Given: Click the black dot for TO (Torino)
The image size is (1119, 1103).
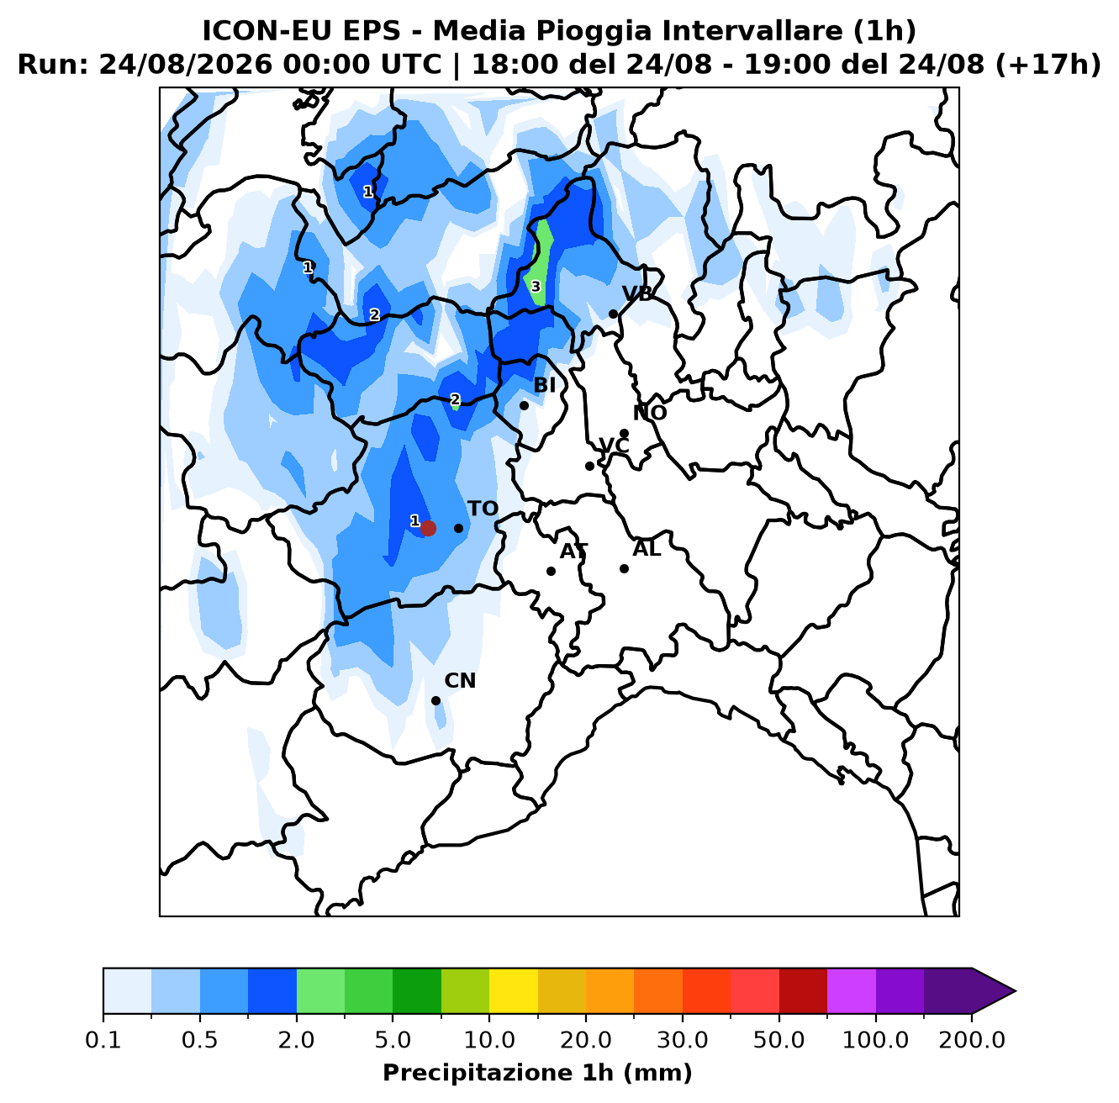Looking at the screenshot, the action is point(458,528).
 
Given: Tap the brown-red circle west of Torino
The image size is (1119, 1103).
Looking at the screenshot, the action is point(428,528).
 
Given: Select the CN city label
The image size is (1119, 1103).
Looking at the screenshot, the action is point(460,681).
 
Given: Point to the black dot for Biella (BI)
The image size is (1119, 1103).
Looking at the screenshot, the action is point(524,405).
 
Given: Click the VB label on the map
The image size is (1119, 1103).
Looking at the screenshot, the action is point(637,294).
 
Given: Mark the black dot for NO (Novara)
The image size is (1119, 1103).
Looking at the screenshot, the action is point(624,433).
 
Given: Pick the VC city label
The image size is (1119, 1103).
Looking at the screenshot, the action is point(614,446).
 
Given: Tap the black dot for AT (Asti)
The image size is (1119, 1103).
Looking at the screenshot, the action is point(551,571).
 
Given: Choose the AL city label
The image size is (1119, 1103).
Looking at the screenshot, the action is point(647,549).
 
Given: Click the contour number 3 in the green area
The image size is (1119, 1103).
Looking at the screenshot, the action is point(536,287).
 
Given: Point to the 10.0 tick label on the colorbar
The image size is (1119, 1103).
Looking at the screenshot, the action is point(489,1040).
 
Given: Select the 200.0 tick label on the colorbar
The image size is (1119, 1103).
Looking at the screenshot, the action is point(972,1040).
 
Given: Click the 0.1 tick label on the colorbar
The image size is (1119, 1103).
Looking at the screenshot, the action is point(103,1040).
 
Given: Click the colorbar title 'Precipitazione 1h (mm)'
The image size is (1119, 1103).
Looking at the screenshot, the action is point(537,1072).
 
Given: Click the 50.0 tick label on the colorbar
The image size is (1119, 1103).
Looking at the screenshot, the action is point(779,1040).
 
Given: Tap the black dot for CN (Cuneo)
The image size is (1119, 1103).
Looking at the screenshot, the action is point(435,701).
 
